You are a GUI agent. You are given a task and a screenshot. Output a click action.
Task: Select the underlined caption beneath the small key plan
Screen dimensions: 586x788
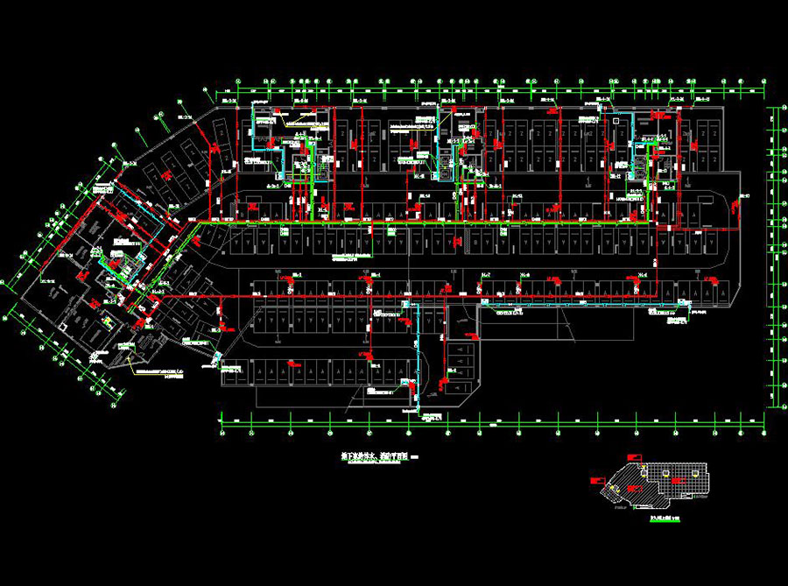click(666, 519)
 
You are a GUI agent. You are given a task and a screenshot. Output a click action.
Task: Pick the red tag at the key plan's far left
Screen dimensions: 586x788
click(595, 479)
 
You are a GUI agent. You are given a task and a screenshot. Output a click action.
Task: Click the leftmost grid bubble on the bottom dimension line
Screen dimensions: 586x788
click(223, 431)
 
